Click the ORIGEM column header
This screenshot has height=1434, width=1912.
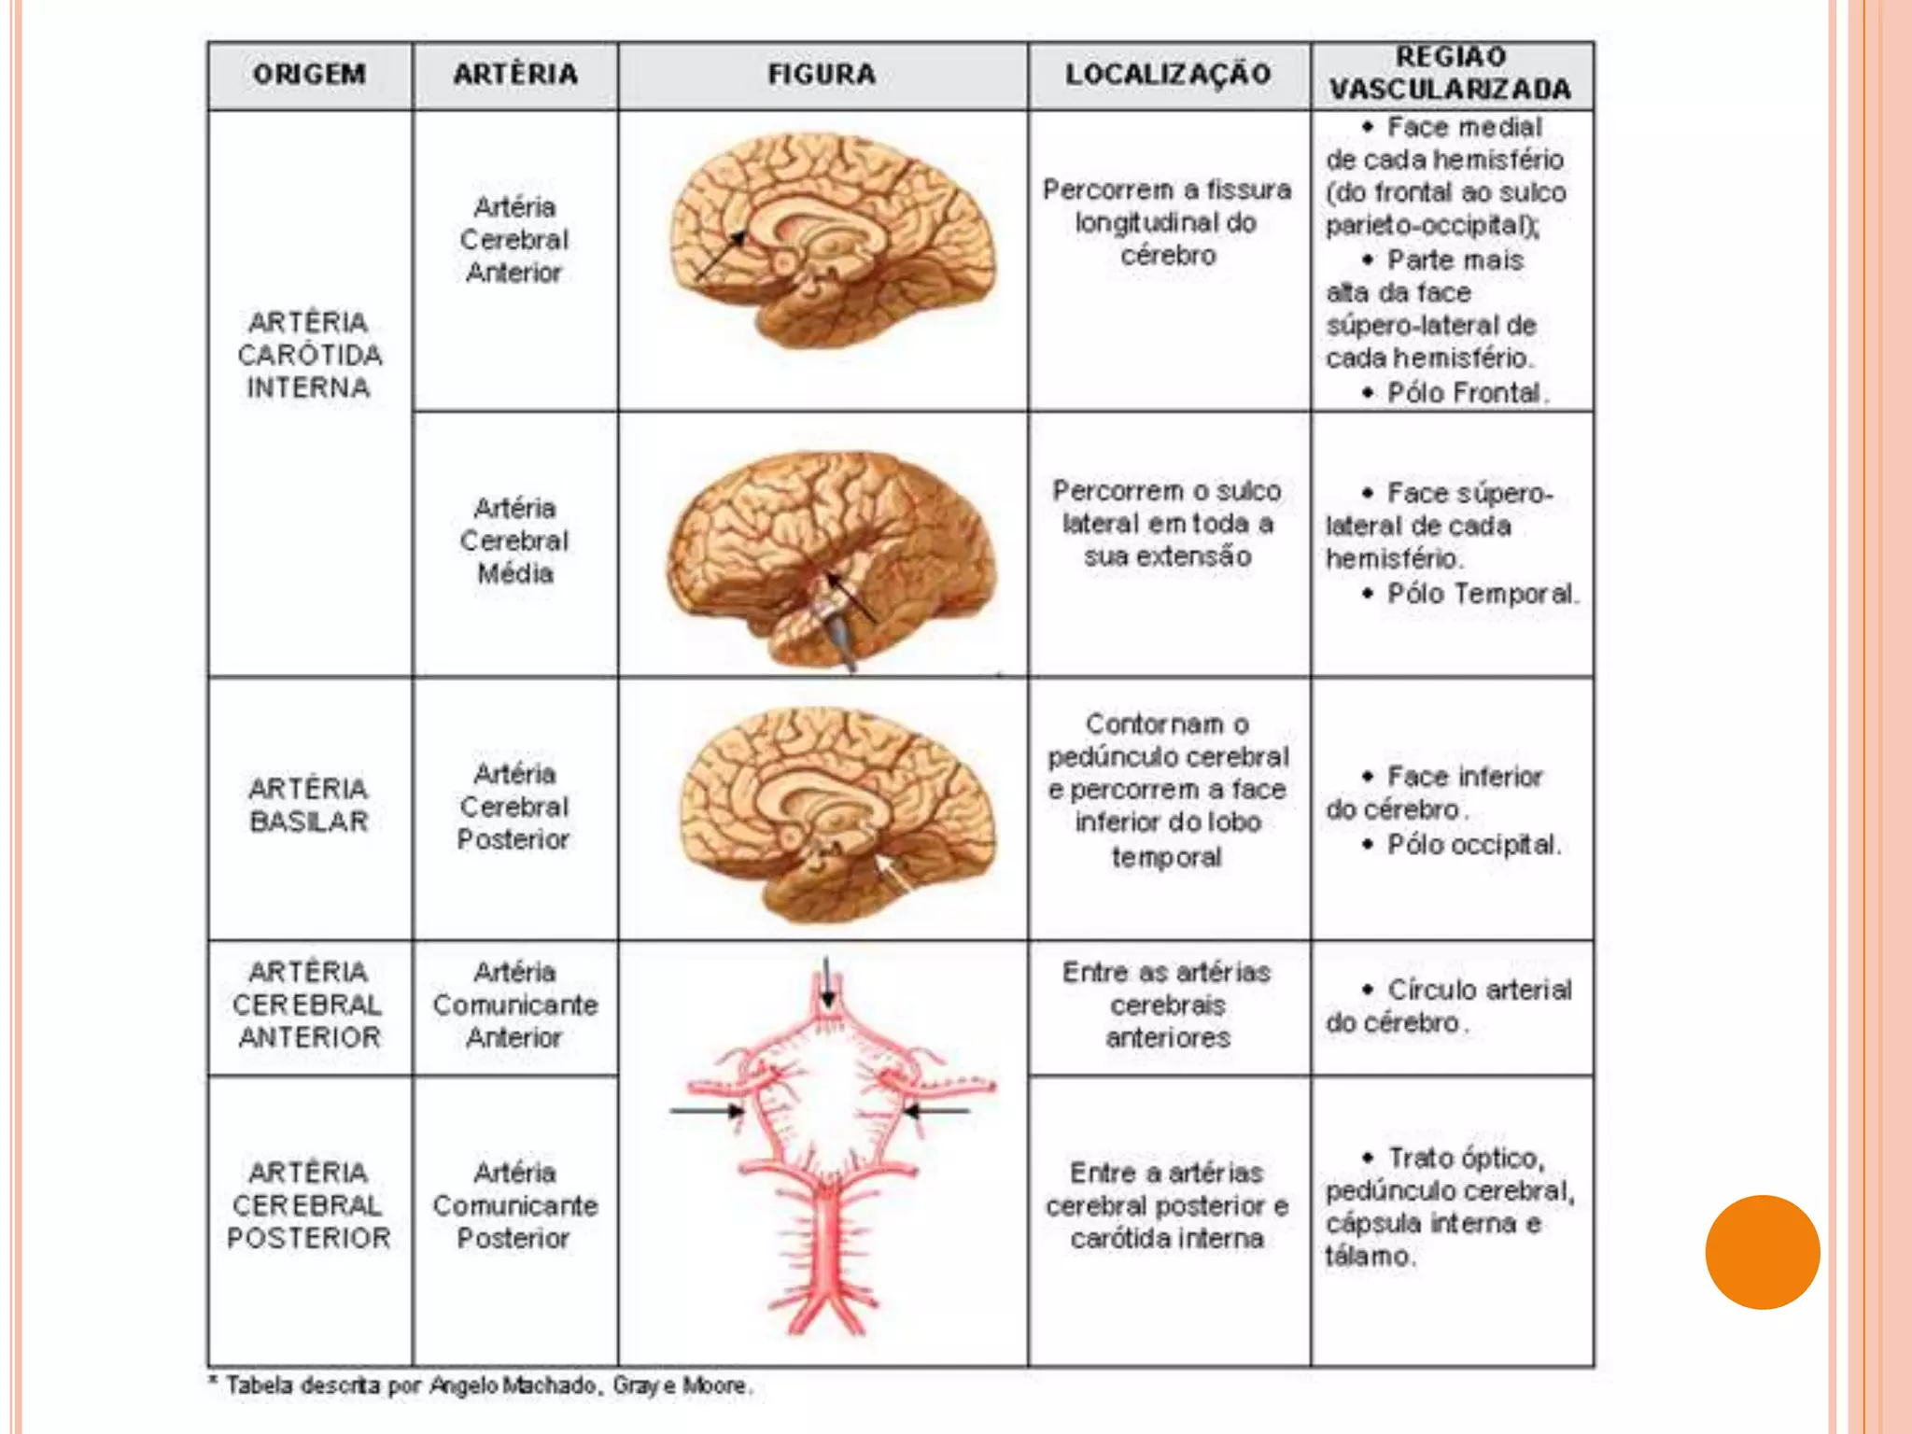309,75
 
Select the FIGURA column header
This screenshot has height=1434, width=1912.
822,75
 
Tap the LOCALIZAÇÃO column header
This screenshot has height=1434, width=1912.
1168,75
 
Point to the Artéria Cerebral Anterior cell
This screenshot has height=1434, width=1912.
514,240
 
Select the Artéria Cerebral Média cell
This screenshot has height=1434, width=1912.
514,541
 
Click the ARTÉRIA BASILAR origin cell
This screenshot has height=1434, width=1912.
309,805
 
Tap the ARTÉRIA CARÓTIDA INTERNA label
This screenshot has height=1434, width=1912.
309,355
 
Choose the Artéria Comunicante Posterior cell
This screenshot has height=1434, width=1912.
514,1205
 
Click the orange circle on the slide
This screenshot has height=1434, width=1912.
1762,1252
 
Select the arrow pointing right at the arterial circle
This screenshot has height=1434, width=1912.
707,1111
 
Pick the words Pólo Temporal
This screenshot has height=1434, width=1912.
1482,594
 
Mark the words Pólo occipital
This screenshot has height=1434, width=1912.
1472,845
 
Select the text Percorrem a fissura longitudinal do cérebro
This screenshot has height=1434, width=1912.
1168,222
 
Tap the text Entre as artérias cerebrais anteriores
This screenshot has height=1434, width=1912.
1168,1005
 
